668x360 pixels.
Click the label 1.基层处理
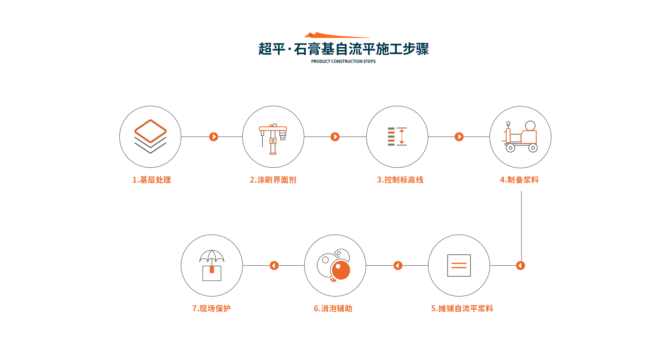click(151, 180)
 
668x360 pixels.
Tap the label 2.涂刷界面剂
click(273, 180)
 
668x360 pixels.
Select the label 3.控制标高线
click(400, 180)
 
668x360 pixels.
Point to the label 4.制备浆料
click(519, 180)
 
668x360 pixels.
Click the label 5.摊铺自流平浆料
click(462, 309)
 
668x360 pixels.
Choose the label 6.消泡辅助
click(333, 309)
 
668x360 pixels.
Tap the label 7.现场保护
click(212, 309)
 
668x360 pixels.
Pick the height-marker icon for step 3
click(397, 136)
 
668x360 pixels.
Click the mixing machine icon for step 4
click(521, 137)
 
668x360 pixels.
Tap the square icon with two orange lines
click(459, 265)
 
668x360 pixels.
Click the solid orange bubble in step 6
click(341, 270)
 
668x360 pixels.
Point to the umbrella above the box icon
click(212, 256)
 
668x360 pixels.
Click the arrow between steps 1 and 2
click(214, 137)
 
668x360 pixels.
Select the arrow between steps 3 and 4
click(459, 137)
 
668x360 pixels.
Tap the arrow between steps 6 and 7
click(274, 265)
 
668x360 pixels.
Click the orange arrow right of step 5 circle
click(520, 265)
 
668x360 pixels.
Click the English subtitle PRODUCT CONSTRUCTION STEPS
click(343, 61)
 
